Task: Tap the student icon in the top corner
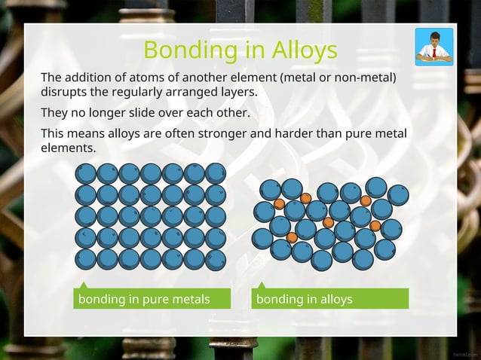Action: (434, 47)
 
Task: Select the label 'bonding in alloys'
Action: (305, 299)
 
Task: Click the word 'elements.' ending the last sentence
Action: (68, 148)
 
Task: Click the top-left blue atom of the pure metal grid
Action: (86, 173)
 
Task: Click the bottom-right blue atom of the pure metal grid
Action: (216, 260)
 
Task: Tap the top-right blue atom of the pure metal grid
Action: (216, 173)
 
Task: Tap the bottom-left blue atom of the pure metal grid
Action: (86, 260)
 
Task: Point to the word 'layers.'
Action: (237, 92)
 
